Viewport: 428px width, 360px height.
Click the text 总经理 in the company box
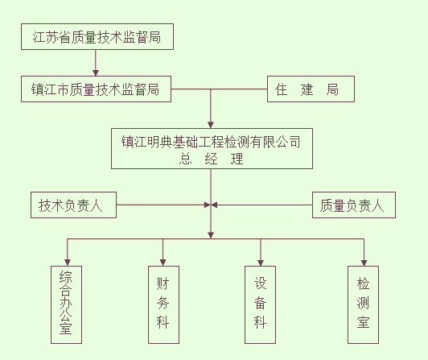tap(211, 159)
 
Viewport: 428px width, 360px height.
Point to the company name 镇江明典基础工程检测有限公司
tap(211, 142)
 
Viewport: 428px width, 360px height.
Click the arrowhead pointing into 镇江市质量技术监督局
tap(96, 72)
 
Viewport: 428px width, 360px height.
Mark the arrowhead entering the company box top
tap(211, 125)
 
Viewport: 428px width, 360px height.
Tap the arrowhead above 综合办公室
tap(68, 263)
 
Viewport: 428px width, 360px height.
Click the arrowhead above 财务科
tap(163, 263)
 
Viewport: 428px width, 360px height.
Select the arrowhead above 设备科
tap(261, 263)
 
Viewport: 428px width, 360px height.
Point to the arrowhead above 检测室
tap(364, 263)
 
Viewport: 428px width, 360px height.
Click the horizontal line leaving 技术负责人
tap(163, 205)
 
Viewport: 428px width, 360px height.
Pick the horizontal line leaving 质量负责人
tap(261, 205)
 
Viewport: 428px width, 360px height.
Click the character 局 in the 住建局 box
tap(332, 89)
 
